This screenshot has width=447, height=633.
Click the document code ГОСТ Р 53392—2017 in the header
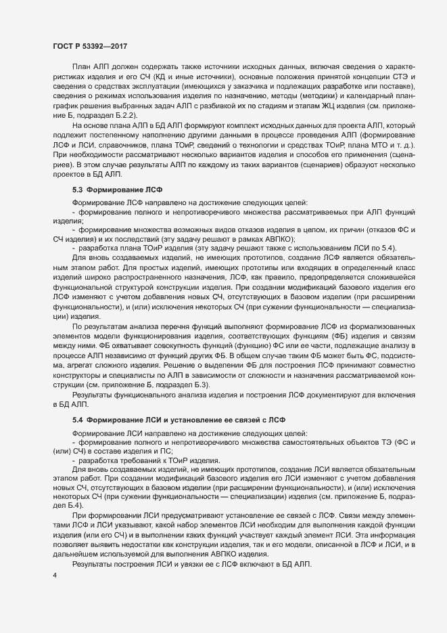click(91, 47)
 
